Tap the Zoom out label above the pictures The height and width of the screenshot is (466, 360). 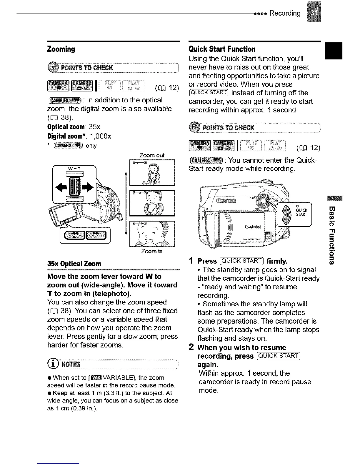152,155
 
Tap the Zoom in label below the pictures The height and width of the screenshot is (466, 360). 152,252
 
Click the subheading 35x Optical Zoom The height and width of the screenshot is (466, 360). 74,264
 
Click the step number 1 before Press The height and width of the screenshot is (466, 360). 191,261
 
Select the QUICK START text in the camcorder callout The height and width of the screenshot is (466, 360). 302,212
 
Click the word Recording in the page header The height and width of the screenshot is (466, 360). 285,13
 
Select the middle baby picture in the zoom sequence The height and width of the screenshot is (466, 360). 152,203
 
